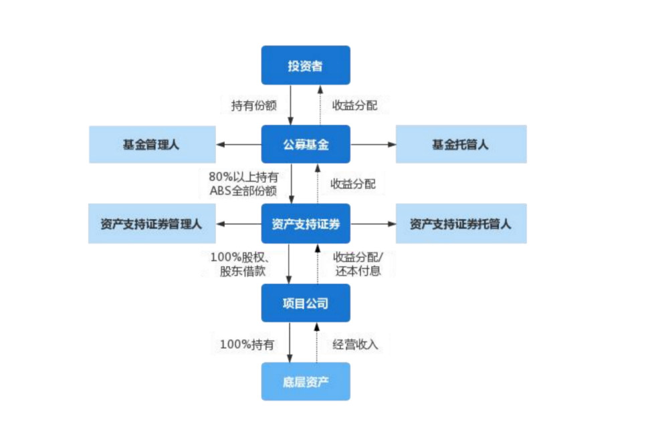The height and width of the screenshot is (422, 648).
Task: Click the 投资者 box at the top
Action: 305,65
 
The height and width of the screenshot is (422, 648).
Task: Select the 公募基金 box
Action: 305,144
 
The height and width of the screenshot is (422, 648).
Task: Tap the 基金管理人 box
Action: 152,144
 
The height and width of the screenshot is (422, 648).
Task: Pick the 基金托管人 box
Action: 461,144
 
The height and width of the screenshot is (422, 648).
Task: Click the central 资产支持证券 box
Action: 305,224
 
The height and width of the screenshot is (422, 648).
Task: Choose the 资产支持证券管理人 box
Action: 152,224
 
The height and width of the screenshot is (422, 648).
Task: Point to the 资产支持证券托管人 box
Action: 461,224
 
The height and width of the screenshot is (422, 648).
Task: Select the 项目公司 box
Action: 305,303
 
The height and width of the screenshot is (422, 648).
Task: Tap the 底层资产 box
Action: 305,381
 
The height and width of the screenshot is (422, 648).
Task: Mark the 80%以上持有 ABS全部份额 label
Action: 243,184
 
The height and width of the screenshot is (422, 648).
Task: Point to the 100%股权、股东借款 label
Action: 241,264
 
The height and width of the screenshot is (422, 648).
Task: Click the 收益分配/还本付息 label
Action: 357,264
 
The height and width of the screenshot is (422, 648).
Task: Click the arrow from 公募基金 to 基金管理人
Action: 238,144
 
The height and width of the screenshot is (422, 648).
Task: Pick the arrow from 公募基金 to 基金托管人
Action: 373,144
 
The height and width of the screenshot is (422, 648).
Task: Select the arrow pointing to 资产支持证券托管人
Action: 373,224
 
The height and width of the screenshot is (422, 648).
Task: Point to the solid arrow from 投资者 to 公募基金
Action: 291,105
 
